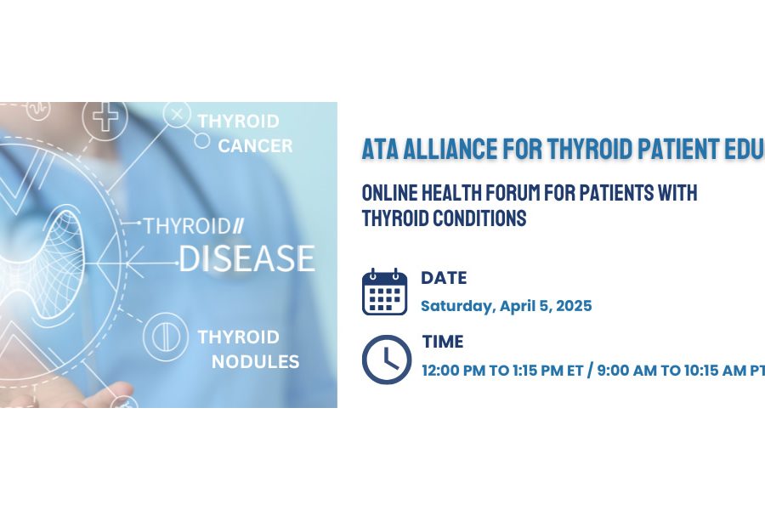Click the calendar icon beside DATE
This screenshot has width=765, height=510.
(x=384, y=292)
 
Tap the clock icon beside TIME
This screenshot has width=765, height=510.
(x=387, y=360)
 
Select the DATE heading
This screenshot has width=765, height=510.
(x=444, y=278)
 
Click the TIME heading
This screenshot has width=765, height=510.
(x=443, y=341)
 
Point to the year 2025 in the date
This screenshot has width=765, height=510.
(x=574, y=306)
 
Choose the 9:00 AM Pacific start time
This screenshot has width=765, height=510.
(x=627, y=371)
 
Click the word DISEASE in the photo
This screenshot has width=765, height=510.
(x=246, y=258)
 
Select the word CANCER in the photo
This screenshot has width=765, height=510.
(x=255, y=145)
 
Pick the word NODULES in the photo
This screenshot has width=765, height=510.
(x=255, y=361)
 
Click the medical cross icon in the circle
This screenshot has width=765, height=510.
(x=105, y=117)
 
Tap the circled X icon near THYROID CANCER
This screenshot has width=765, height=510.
(x=177, y=115)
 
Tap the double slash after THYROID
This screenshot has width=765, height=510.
(x=237, y=226)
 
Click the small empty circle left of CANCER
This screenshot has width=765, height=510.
(x=202, y=141)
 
